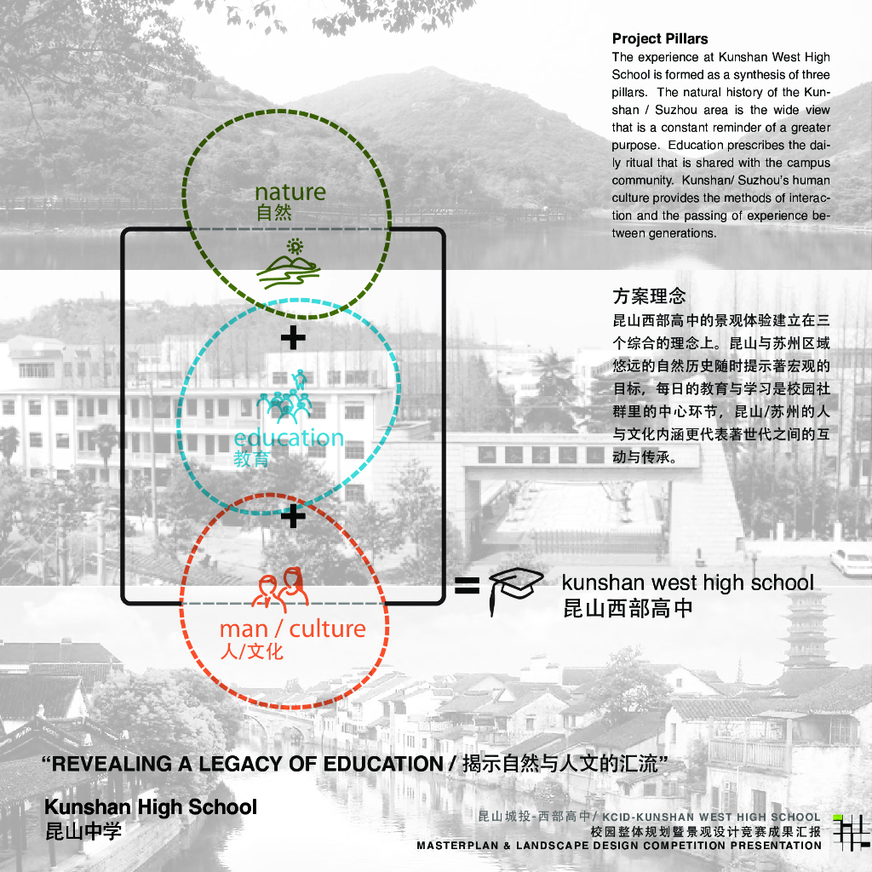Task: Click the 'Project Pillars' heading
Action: click(660, 39)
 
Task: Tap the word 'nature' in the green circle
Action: click(290, 192)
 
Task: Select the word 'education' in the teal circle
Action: click(289, 438)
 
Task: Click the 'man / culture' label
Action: click(293, 629)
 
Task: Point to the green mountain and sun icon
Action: click(289, 264)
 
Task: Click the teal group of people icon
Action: click(284, 396)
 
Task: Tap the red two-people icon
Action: click(280, 588)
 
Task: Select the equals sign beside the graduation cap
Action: click(468, 586)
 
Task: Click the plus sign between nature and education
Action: click(293, 337)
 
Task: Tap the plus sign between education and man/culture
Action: click(293, 516)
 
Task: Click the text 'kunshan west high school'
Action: click(687, 582)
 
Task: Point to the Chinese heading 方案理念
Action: click(649, 295)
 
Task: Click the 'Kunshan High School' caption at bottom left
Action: click(151, 807)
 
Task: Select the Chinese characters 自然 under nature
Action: click(273, 212)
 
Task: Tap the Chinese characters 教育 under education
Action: click(251, 459)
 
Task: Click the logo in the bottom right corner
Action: click(851, 833)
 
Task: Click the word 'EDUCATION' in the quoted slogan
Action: click(383, 764)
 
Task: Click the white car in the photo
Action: click(851, 563)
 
